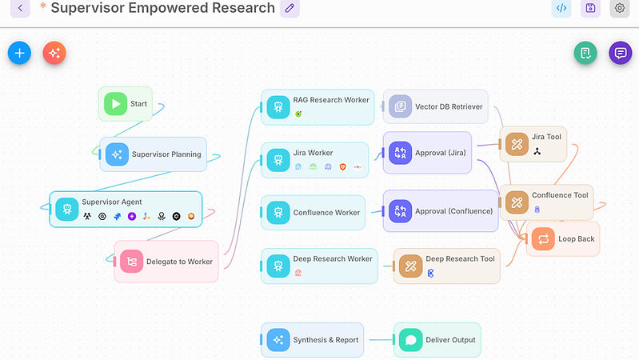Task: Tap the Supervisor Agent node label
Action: click(112, 202)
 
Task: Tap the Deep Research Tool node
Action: click(447, 266)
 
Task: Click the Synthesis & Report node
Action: click(313, 340)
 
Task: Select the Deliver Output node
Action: click(437, 340)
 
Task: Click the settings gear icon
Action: click(619, 8)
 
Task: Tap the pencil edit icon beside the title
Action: click(290, 8)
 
